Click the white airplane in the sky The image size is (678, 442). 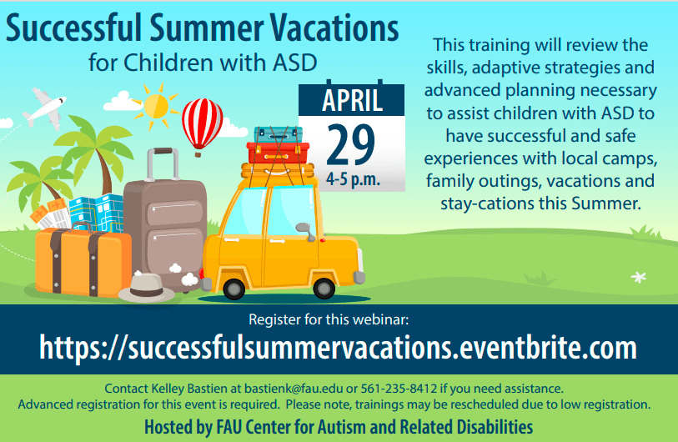tap(45, 108)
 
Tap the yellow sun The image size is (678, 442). tap(155, 106)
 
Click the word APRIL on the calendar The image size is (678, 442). tap(352, 100)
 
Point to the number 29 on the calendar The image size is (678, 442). tap(350, 145)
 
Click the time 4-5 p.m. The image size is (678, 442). tap(353, 178)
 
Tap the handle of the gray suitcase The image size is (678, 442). tap(163, 164)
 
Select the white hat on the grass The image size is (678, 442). tap(146, 288)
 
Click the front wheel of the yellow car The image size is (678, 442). tap(324, 288)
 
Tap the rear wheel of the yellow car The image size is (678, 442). tap(234, 289)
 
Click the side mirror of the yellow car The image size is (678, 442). tap(306, 231)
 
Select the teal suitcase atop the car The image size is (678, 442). tap(278, 135)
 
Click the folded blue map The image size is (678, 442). tap(97, 213)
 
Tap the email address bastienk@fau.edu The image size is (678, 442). tap(294, 389)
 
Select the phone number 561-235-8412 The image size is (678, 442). tap(399, 389)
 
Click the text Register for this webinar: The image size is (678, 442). tap(329, 319)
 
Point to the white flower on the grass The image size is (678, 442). tap(639, 277)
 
